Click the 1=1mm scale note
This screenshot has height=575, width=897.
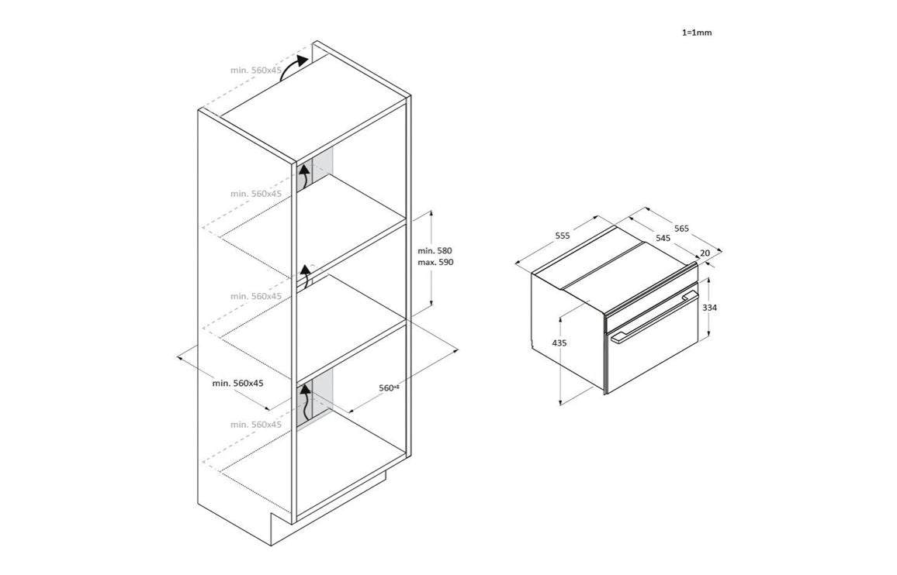pyautogui.click(x=696, y=33)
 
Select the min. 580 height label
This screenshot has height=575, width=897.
pyautogui.click(x=435, y=251)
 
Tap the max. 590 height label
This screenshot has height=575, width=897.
pyautogui.click(x=435, y=263)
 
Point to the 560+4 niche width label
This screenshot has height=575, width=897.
pyautogui.click(x=389, y=387)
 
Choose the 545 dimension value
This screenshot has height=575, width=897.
pyautogui.click(x=663, y=238)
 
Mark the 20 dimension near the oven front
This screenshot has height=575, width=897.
pyautogui.click(x=705, y=253)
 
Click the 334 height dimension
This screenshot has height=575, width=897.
pyautogui.click(x=709, y=308)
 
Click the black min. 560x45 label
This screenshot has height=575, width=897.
pyautogui.click(x=238, y=383)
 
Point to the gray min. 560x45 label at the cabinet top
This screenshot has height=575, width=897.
pyautogui.click(x=255, y=70)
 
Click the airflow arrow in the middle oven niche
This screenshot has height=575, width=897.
pyautogui.click(x=306, y=275)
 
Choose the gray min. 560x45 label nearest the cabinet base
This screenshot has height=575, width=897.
pyautogui.click(x=255, y=424)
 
